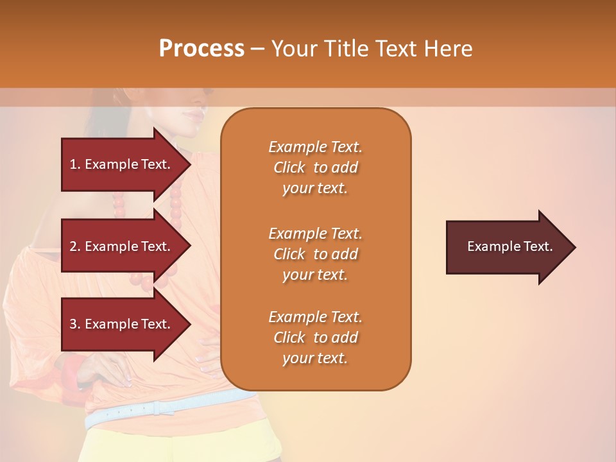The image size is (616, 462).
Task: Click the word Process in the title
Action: tap(201, 49)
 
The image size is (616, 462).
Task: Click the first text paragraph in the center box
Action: tap(315, 167)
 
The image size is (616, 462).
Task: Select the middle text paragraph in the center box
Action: tap(315, 254)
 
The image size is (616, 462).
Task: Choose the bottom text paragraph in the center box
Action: tap(315, 338)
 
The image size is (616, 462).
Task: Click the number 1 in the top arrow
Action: tap(73, 164)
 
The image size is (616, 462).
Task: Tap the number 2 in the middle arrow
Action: tap(73, 246)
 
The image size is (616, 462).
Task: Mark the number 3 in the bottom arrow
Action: tap(73, 324)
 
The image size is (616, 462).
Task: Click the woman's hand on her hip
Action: tap(109, 372)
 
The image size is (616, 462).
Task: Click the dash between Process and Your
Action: tap(257, 49)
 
